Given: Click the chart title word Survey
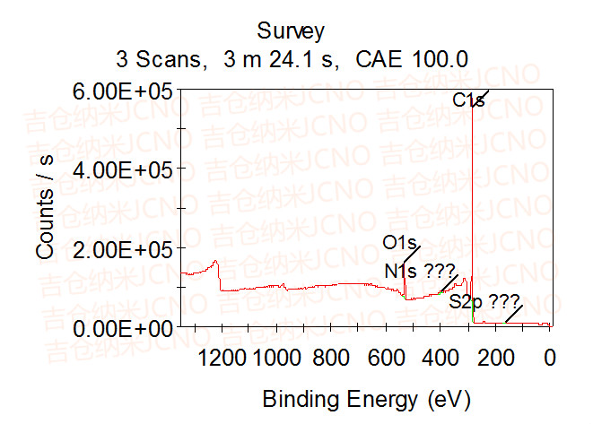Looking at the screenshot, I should [291, 31].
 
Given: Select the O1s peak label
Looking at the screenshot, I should [400, 243].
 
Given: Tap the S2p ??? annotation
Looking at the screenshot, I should [484, 302].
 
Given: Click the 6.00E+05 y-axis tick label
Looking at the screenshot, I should [123, 90].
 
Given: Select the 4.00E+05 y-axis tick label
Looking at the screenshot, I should [123, 169].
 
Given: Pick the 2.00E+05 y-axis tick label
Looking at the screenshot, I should [123, 247].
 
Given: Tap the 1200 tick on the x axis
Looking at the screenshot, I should [221, 358].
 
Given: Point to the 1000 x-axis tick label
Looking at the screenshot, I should [276, 358].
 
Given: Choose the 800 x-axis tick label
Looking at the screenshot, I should [331, 358].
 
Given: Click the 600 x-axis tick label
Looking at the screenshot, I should [386, 358].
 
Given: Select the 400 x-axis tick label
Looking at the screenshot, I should [440, 358].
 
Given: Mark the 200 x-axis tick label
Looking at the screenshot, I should [495, 358].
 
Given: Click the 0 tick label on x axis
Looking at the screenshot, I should [550, 358].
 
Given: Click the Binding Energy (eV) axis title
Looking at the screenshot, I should [366, 397].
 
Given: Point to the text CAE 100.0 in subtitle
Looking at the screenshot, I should [412, 60].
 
